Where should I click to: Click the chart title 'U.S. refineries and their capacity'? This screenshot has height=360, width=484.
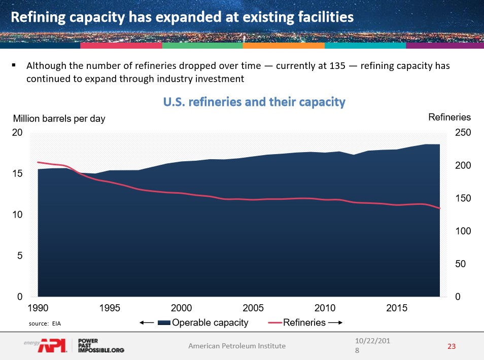[254, 102]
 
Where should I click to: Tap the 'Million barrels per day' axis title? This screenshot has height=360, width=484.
[59, 119]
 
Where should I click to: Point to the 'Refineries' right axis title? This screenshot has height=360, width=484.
[450, 117]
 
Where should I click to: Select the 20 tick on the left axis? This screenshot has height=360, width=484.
[17, 133]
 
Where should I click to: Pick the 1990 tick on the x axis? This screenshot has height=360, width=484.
[38, 308]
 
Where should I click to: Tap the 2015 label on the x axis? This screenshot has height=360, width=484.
[397, 308]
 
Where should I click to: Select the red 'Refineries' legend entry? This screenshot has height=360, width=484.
[304, 322]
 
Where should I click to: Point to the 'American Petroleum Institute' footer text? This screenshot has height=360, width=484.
[237, 346]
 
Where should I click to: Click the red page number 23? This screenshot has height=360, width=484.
[452, 346]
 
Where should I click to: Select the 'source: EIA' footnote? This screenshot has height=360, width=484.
[45, 322]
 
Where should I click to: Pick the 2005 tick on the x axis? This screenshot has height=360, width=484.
[253, 308]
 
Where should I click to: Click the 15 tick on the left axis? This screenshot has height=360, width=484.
[17, 174]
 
